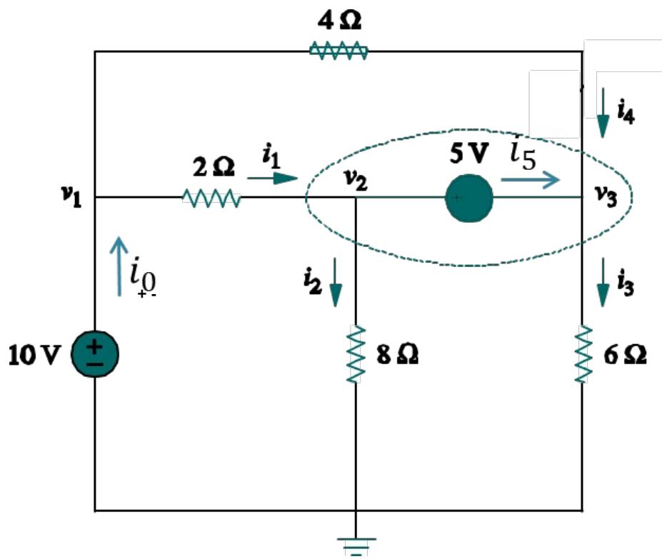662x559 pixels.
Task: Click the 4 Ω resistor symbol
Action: pyautogui.click(x=338, y=51)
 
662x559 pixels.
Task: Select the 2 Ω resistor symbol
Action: pyautogui.click(x=211, y=197)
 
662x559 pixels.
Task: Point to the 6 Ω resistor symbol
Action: pyautogui.click(x=584, y=354)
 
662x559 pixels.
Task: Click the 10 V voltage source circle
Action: pyautogui.click(x=95, y=355)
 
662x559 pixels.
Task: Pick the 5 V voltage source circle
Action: pyautogui.click(x=469, y=197)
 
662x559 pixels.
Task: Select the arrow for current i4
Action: pyautogui.click(x=603, y=114)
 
